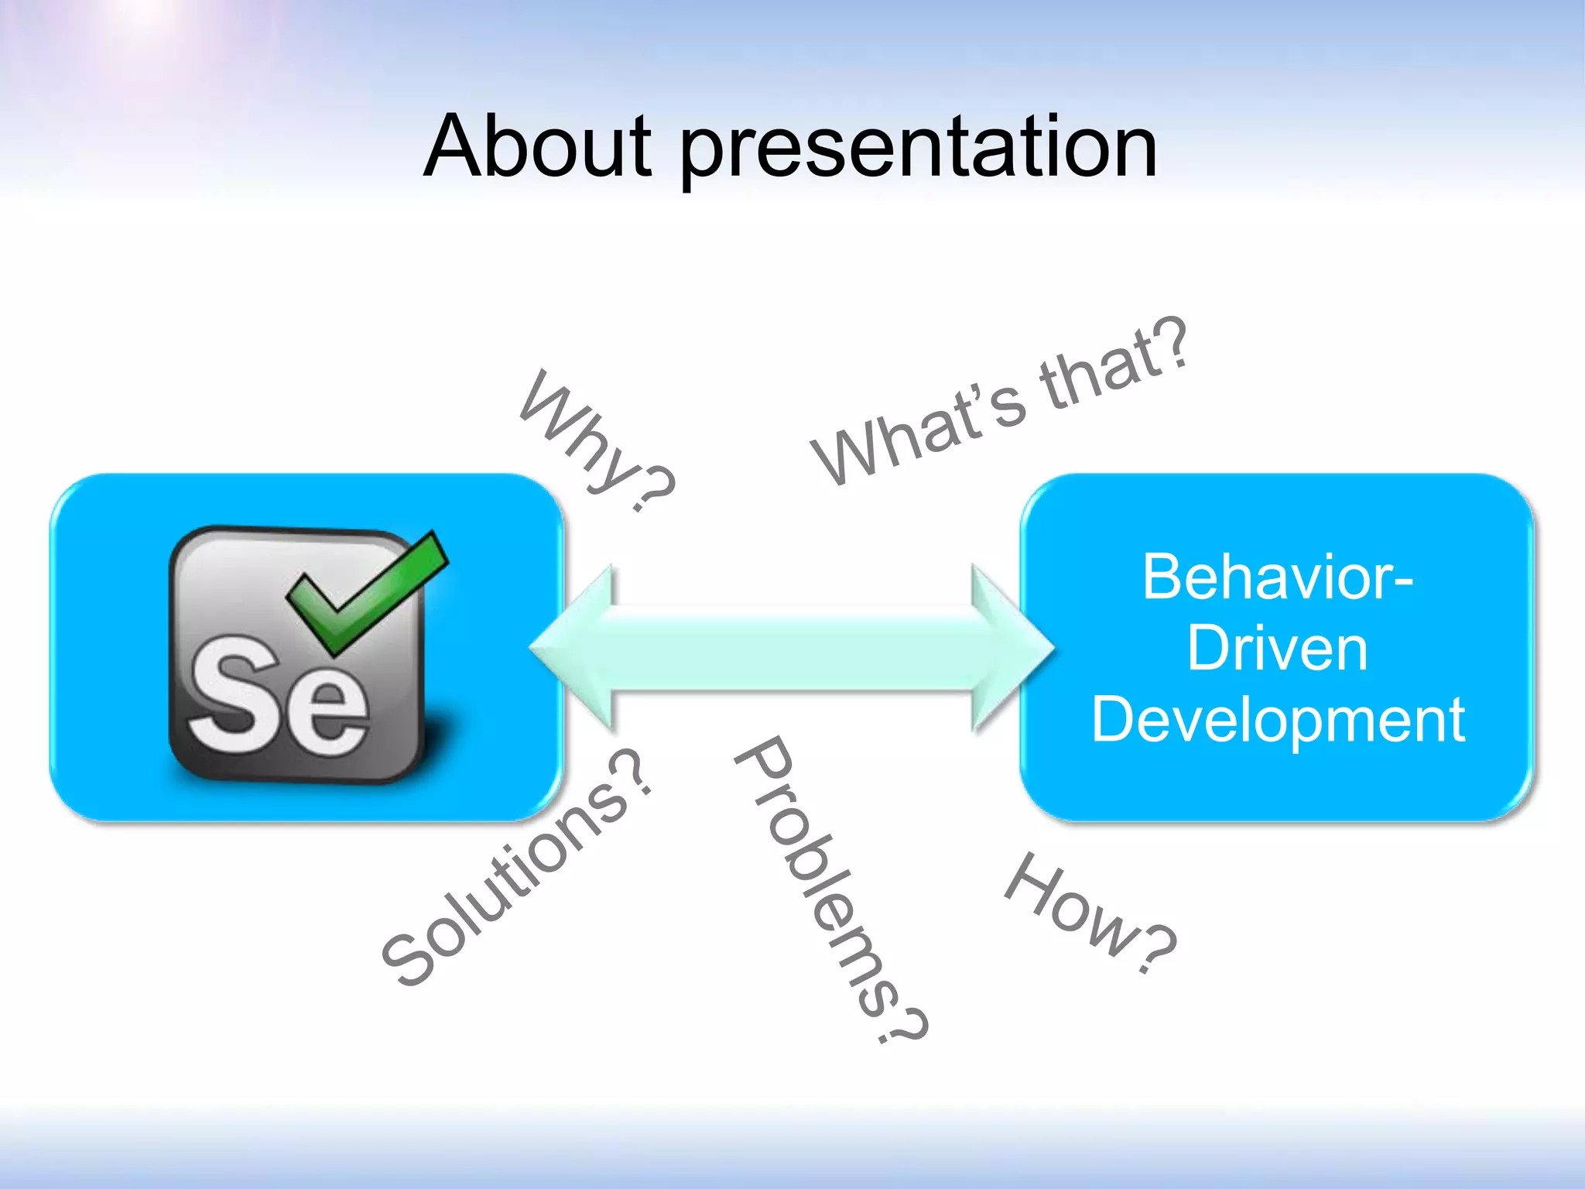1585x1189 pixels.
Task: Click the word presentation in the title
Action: [918, 151]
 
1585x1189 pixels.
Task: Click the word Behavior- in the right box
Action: [1277, 577]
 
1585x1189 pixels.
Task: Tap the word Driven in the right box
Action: [1277, 648]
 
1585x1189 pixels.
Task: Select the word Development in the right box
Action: [1277, 719]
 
